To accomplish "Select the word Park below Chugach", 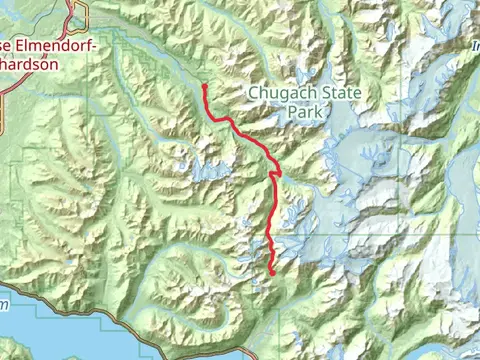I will (306, 114).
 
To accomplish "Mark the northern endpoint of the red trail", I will (204, 87).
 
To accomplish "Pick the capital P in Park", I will (292, 114).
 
